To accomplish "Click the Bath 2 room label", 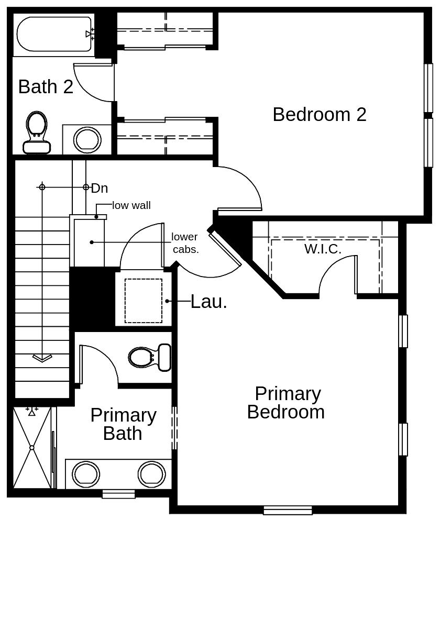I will click(x=46, y=86).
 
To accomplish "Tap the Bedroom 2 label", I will click(x=319, y=114).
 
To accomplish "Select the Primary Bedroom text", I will click(x=285, y=403).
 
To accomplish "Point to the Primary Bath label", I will click(x=123, y=424).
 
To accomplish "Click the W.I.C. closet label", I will click(x=323, y=249).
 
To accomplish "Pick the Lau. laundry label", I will click(x=208, y=301).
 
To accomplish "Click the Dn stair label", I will click(x=100, y=188).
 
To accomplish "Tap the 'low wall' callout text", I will click(x=131, y=205).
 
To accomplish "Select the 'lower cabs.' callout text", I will click(x=185, y=243).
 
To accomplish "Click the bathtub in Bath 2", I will click(x=54, y=34).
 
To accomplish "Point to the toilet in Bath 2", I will click(x=37, y=132).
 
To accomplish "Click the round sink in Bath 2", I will click(x=87, y=140).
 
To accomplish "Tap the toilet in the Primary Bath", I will click(x=150, y=357).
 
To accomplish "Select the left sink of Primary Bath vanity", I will click(x=86, y=473).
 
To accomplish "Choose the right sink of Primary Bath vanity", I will click(x=152, y=473).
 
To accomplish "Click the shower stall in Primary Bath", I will click(x=32, y=448).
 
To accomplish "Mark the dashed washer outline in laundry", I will click(x=143, y=301).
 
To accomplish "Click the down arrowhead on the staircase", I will click(x=42, y=358).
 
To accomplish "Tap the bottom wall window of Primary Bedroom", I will click(x=288, y=510).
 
